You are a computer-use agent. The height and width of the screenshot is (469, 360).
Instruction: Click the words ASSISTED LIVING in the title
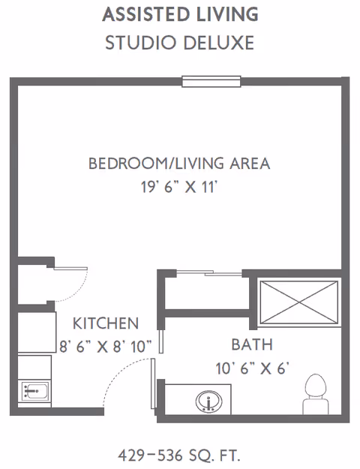pyautogui.click(x=180, y=14)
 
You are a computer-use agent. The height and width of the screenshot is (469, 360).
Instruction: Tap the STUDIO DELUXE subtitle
pyautogui.click(x=180, y=43)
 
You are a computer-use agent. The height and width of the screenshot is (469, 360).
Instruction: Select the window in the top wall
pyautogui.click(x=211, y=81)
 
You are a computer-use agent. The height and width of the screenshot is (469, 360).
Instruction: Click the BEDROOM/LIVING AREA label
pyautogui.click(x=179, y=164)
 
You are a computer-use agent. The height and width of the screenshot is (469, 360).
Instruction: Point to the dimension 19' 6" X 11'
pyautogui.click(x=178, y=188)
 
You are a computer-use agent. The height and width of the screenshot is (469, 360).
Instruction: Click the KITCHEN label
pyautogui.click(x=106, y=323)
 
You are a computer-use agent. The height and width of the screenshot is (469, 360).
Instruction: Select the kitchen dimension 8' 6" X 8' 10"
pyautogui.click(x=106, y=347)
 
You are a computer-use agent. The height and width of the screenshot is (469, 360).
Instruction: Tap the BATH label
pyautogui.click(x=252, y=344)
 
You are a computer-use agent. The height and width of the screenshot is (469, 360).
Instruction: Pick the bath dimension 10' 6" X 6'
pyautogui.click(x=252, y=368)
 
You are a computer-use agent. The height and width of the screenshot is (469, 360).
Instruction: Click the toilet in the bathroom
pyautogui.click(x=316, y=394)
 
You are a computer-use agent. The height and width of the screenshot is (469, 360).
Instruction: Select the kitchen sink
pyautogui.click(x=34, y=391)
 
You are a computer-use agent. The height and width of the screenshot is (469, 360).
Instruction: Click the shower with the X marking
pyautogui.click(x=299, y=302)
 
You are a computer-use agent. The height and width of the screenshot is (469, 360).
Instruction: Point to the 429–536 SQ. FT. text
pyautogui.click(x=179, y=455)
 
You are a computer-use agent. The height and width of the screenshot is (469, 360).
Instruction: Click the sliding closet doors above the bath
pyautogui.click(x=209, y=273)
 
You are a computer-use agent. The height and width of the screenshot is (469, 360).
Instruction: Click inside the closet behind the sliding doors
pyautogui.click(x=207, y=293)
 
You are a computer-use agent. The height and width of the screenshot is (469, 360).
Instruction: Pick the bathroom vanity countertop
pyautogui.click(x=198, y=399)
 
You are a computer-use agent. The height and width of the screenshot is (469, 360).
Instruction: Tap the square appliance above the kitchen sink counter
pyautogui.click(x=37, y=332)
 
